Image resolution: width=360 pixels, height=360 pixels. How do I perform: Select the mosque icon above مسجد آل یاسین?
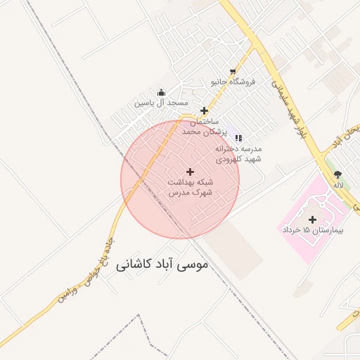coord(162,92)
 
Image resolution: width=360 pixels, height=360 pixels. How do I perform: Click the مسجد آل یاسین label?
coord(162,103)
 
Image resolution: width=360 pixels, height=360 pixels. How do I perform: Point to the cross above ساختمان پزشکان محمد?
coord(204,110)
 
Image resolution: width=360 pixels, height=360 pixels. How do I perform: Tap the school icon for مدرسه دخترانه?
coord(238,138)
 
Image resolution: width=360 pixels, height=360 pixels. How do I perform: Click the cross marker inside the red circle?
coord(190,172)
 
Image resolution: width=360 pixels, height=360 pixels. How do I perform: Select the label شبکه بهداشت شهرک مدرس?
coord(190,186)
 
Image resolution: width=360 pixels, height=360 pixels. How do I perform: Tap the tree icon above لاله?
coord(338,174)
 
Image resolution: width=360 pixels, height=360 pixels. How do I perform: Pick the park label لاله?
coord(338,185)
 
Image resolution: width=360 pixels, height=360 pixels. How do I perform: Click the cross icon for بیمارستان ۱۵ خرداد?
coord(312,219)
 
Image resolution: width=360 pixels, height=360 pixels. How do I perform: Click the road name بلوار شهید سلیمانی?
coord(287,110)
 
